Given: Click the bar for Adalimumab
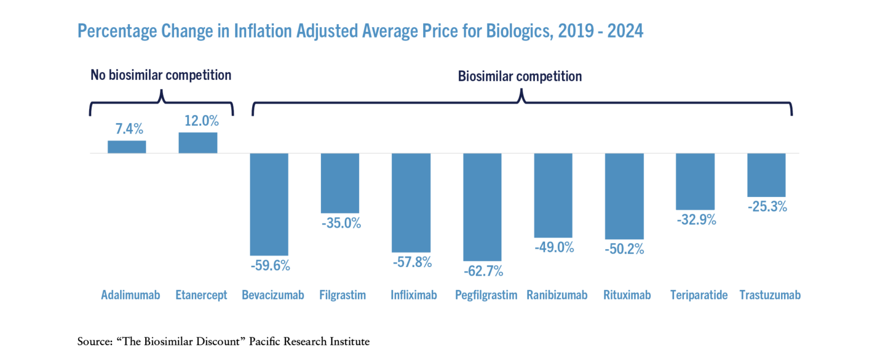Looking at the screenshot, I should point(127,147).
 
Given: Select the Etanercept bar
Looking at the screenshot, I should point(198,143).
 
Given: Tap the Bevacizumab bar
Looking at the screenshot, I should point(269,204).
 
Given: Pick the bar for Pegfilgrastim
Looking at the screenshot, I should point(483,207).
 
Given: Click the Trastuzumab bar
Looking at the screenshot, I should point(767,175).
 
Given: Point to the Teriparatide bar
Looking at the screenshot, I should point(695,181).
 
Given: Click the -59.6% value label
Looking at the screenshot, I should point(270,266).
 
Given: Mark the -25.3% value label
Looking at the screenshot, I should point(767,206).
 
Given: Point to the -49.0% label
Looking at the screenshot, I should point(554,248).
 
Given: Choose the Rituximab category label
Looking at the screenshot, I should point(627,295).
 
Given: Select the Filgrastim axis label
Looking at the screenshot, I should point(343,295).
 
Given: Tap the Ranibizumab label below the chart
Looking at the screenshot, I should point(557,295).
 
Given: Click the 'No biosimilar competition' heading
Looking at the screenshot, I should point(161,75).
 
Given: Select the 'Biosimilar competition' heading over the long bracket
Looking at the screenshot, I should point(520,76).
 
